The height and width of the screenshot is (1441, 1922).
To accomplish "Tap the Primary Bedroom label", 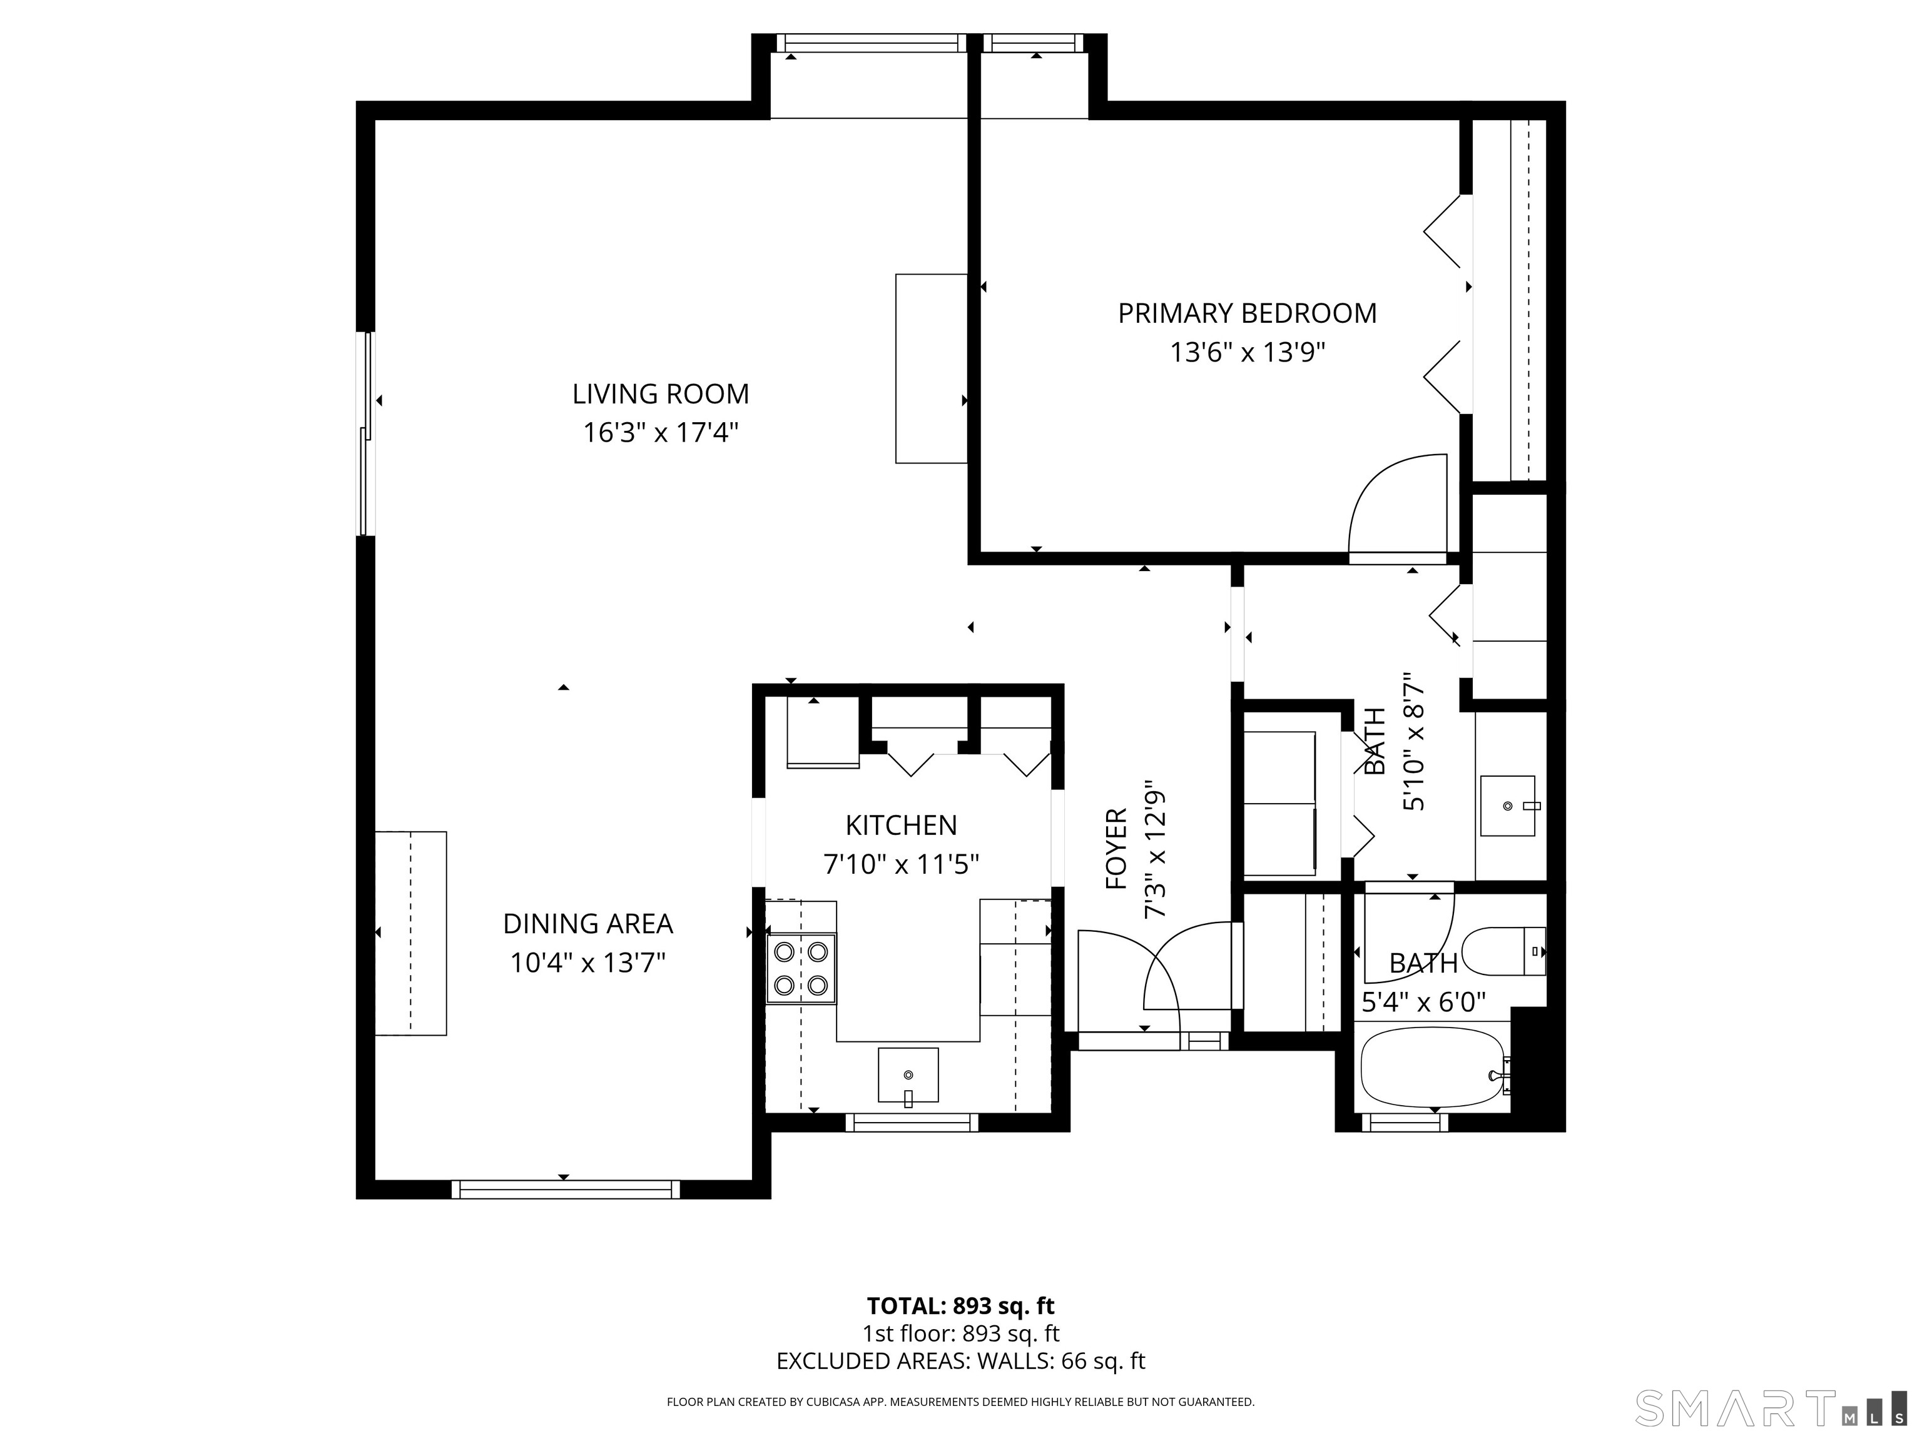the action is pos(1247,313).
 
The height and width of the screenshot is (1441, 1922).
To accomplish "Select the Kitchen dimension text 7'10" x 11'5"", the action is pos(901,864).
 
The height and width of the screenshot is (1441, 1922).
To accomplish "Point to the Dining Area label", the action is pos(588,923).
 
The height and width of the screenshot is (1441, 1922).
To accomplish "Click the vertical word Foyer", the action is pos(1116,849).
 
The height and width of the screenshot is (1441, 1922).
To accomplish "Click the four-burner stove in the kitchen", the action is pos(800,968).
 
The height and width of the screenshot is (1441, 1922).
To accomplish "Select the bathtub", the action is pos(1435,1068).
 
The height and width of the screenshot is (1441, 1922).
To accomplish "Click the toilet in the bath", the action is pos(1504,951).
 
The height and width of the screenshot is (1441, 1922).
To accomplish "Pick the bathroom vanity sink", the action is pos(1508,806).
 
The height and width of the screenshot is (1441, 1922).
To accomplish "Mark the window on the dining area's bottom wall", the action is pos(566,1189).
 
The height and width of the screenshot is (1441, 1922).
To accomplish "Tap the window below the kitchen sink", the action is pos(912,1122).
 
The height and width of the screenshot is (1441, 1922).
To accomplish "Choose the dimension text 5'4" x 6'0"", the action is pos(1423,1003).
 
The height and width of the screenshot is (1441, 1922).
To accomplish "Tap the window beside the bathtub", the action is pos(1405,1122).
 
